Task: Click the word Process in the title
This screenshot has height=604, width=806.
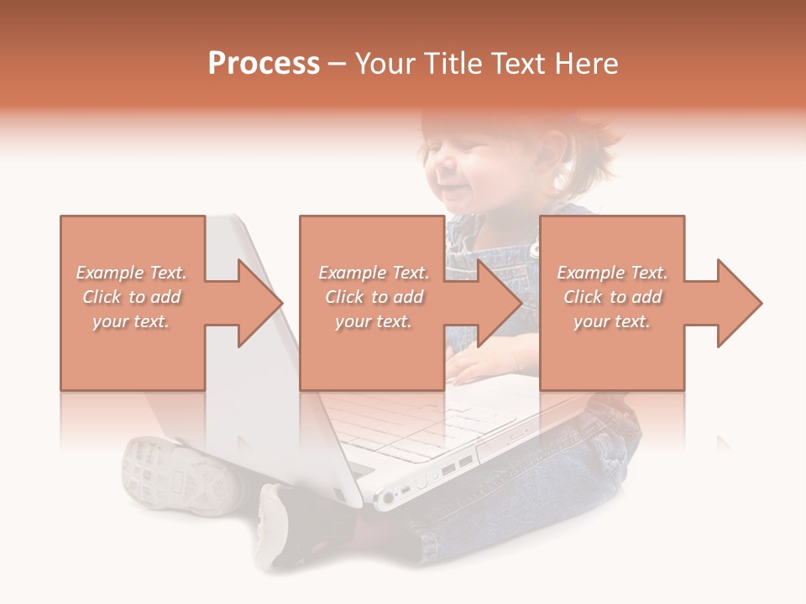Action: click(264, 64)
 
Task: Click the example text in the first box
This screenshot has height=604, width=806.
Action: click(132, 297)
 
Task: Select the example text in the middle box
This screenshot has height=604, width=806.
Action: click(374, 297)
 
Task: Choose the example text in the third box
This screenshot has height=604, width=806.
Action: click(612, 297)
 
